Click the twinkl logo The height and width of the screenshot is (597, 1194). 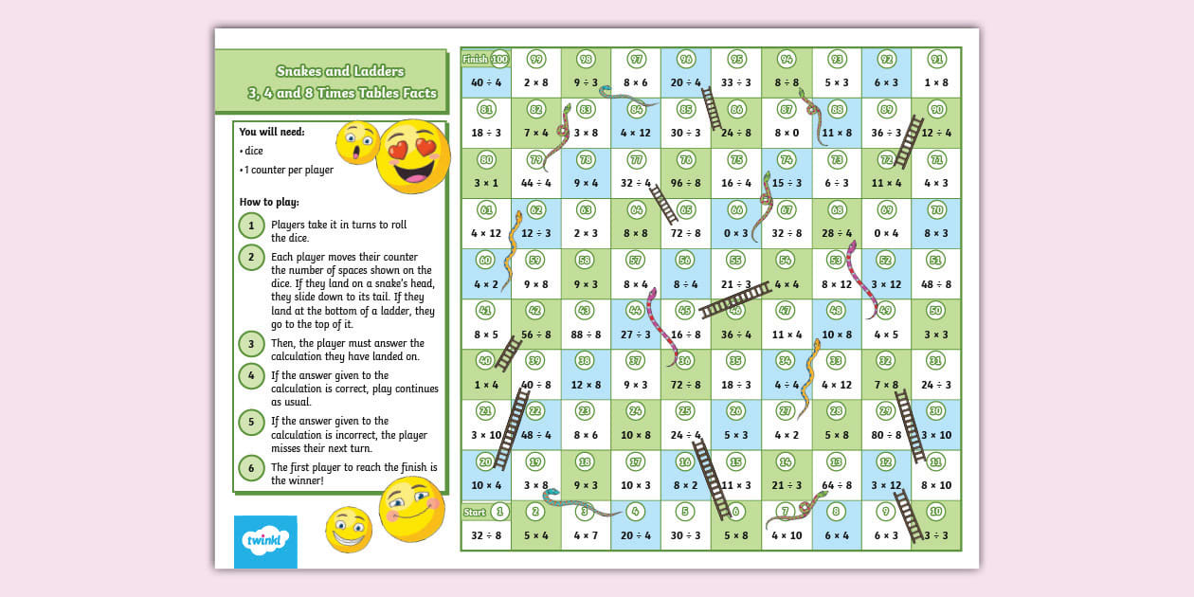[265, 541]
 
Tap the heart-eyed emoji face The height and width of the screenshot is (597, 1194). [413, 156]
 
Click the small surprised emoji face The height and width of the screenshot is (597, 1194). [357, 143]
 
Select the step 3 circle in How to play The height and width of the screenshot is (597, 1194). [251, 344]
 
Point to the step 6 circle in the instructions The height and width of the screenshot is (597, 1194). [251, 467]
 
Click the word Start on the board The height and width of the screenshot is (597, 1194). [475, 512]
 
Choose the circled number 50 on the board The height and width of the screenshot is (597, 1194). [935, 310]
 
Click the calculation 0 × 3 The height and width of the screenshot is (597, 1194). [736, 233]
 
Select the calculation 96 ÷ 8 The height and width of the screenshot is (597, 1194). [686, 183]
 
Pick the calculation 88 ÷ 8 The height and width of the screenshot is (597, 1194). [586, 334]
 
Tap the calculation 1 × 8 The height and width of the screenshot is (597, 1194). [935, 82]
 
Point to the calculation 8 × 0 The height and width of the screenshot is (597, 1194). [786, 133]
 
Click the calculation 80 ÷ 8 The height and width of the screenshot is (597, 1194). [886, 435]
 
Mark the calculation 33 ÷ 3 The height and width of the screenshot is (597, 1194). [736, 82]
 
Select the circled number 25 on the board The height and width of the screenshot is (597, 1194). [686, 410]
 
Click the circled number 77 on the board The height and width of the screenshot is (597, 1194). [636, 159]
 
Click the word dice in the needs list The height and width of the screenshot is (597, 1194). [253, 151]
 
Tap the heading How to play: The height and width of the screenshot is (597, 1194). [269, 202]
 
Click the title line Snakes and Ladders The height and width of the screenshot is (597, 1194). [340, 71]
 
